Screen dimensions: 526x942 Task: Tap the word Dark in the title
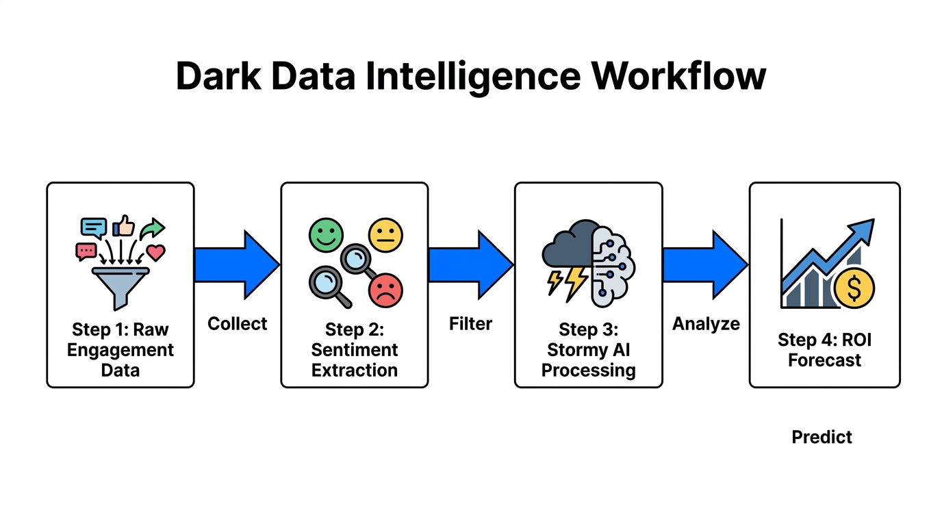tap(218, 77)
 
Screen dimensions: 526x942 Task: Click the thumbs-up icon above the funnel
tap(123, 225)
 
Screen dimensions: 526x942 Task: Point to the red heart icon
tap(156, 253)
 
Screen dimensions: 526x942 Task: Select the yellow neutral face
tap(385, 236)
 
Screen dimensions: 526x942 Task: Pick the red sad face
tap(385, 290)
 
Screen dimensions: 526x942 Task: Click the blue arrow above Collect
tap(236, 265)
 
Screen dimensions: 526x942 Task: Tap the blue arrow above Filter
tap(470, 265)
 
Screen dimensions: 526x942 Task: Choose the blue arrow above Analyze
tap(705, 265)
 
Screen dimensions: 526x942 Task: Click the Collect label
tap(237, 324)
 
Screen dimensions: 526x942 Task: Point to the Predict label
tap(822, 437)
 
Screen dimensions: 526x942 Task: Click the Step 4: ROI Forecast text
tap(824, 350)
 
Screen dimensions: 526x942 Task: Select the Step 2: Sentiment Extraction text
tap(354, 350)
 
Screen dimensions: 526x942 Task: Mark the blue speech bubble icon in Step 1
tap(93, 226)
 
